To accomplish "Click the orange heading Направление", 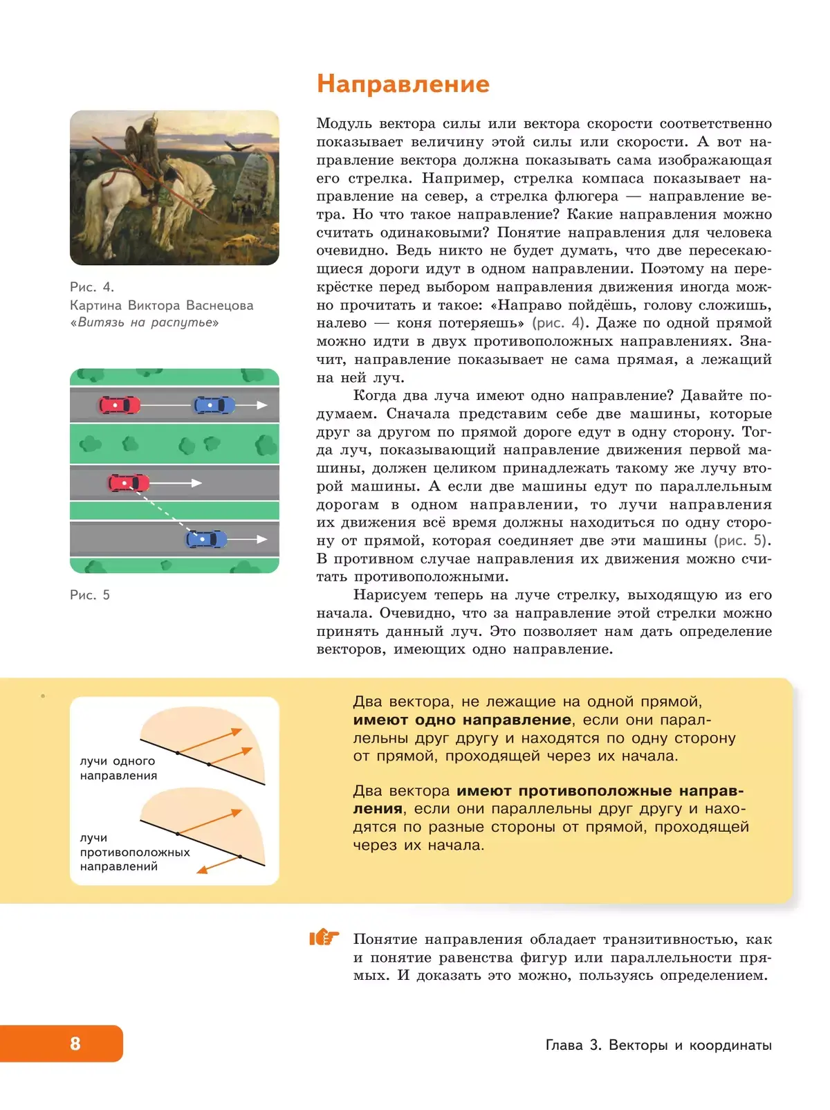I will pyautogui.click(x=403, y=84).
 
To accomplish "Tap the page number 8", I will pyautogui.click(x=75, y=1044).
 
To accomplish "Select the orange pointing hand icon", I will pyautogui.click(x=324, y=938).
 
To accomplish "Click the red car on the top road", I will pyautogui.click(x=120, y=405).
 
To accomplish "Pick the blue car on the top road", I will pyautogui.click(x=214, y=405).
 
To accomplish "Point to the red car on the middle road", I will pyautogui.click(x=129, y=482).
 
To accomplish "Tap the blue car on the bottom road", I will pyautogui.click(x=206, y=538).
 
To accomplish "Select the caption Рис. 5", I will pyautogui.click(x=90, y=595).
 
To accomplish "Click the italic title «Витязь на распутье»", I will pyautogui.click(x=145, y=322).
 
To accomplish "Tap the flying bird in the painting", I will pyautogui.click(x=239, y=147).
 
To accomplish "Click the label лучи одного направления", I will pyautogui.click(x=118, y=768).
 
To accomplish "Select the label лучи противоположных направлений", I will pyautogui.click(x=134, y=852).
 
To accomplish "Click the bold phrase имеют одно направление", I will pyautogui.click(x=462, y=720).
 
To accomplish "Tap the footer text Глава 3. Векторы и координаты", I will pyautogui.click(x=658, y=1045).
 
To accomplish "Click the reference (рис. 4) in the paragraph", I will pyautogui.click(x=559, y=323).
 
